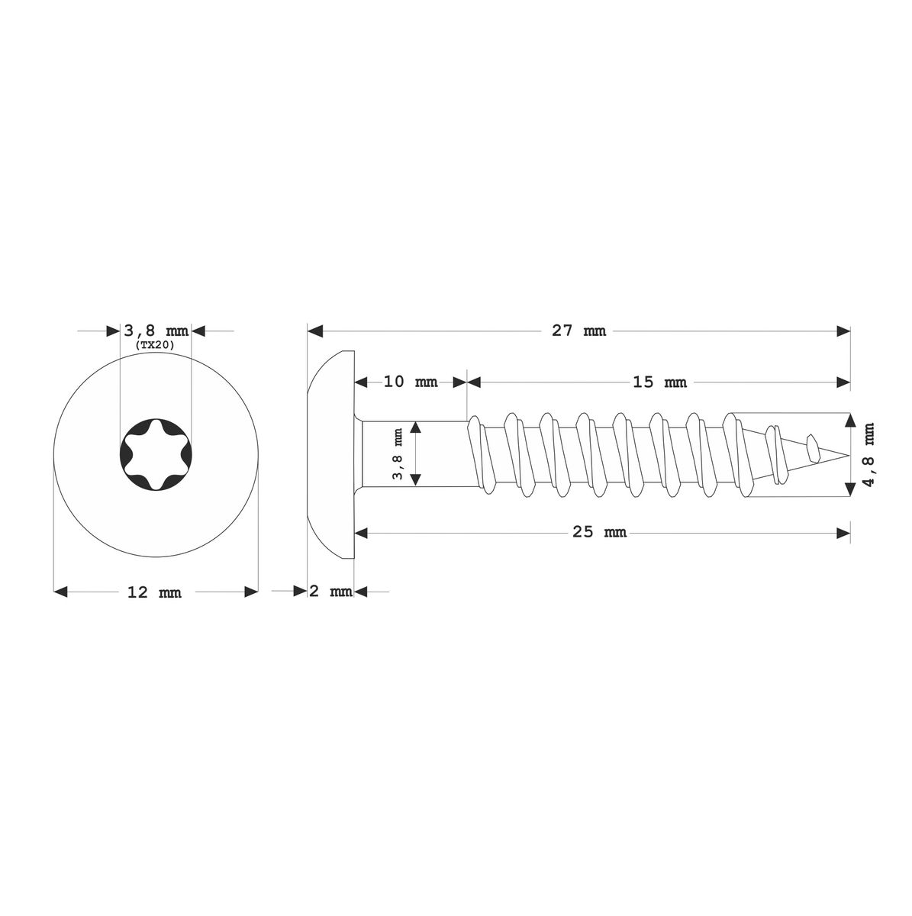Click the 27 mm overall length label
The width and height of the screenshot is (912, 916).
click(578, 331)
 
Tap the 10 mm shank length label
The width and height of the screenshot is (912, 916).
click(411, 382)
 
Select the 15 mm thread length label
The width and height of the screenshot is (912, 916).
click(659, 382)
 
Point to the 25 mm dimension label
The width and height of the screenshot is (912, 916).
click(599, 532)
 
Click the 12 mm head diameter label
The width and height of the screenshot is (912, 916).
click(154, 592)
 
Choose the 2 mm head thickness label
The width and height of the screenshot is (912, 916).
click(330, 592)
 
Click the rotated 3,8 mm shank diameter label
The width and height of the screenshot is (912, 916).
click(398, 454)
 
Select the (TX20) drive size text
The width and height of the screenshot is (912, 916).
click(155, 346)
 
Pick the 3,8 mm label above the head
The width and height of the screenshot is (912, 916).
click(156, 331)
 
